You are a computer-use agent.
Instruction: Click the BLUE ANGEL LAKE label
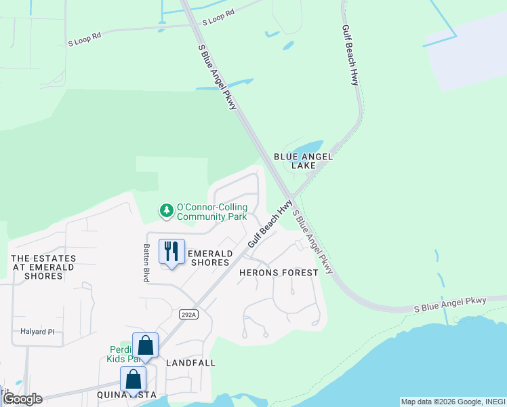(303, 161)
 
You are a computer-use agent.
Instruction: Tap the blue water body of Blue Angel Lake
(309, 147)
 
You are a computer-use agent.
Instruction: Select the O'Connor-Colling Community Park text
(211, 212)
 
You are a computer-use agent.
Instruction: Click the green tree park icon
(166, 211)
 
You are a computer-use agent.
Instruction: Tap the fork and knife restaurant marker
(171, 252)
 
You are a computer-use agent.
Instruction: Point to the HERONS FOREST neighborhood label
(279, 273)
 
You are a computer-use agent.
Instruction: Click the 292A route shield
(189, 314)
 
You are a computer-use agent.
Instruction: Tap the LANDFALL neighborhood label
(190, 363)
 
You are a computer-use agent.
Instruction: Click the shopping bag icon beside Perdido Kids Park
(145, 345)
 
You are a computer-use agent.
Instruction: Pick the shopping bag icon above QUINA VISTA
(133, 379)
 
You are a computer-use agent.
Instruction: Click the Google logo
(22, 399)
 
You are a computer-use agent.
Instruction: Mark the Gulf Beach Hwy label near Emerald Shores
(270, 223)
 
